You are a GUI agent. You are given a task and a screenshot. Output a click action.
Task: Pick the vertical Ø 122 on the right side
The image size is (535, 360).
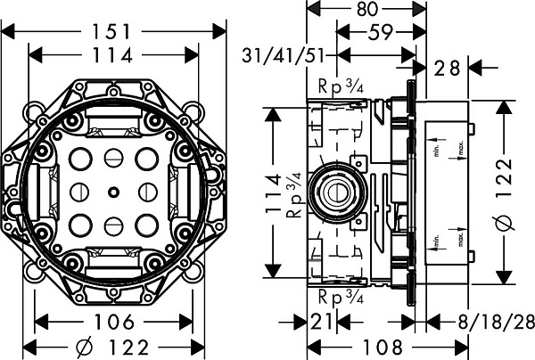(x=506, y=192)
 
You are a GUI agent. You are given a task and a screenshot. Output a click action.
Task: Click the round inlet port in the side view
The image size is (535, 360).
(x=336, y=191)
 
